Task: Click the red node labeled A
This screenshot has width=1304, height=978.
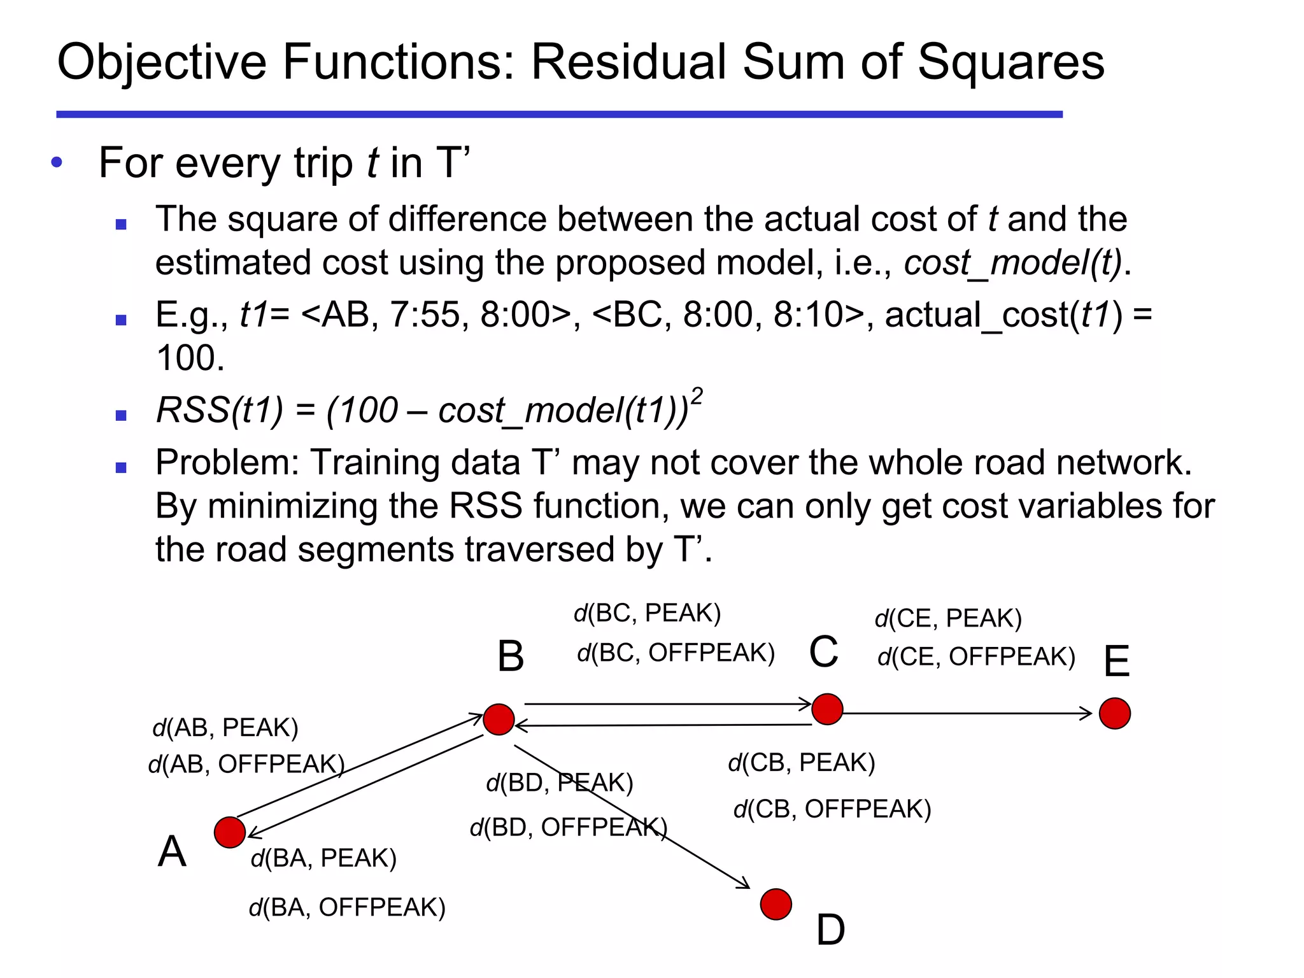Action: pos(230,832)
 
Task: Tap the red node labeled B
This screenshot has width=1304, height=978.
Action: pos(499,719)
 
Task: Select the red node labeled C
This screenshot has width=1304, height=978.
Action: pos(827,709)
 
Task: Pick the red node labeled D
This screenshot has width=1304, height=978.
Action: pos(776,904)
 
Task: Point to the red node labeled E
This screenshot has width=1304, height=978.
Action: pos(1115,713)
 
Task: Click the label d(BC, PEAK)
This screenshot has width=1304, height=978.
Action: pos(647,613)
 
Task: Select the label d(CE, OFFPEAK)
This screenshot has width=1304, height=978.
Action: pos(976,656)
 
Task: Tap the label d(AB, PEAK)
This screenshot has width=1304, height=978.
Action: pos(225,727)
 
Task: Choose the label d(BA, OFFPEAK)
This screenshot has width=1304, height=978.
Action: pos(347,907)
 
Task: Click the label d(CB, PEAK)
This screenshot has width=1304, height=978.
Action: pos(802,762)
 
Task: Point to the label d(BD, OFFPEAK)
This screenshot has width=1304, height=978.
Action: pos(569,827)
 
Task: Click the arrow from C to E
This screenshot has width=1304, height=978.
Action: pos(968,713)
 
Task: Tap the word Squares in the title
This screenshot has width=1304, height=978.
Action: pos(1011,62)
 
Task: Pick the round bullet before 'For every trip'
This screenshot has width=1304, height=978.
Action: pos(57,162)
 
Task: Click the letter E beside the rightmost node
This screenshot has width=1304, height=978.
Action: pos(1116,661)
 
